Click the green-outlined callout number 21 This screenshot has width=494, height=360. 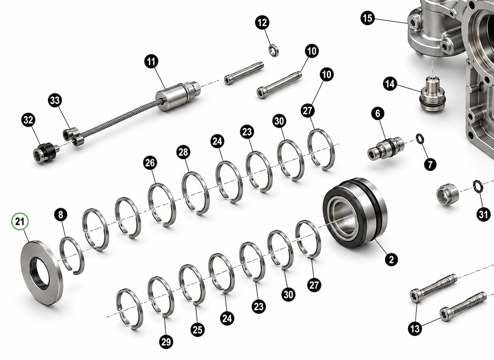pyautogui.click(x=20, y=221)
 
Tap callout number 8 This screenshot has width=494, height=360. pyautogui.click(x=61, y=214)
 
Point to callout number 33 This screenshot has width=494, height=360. pyautogui.click(x=55, y=101)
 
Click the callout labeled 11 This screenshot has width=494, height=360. pyautogui.click(x=151, y=62)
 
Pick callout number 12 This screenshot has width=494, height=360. pyautogui.click(x=262, y=23)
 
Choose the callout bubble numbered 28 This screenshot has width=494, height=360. pyautogui.click(x=183, y=152)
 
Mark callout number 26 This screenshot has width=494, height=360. pyautogui.click(x=150, y=163)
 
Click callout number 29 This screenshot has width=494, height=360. pyautogui.click(x=166, y=342)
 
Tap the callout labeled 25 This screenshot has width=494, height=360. pyautogui.click(x=197, y=330)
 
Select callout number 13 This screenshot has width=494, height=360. pyautogui.click(x=415, y=329)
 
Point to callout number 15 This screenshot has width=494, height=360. pyautogui.click(x=368, y=18)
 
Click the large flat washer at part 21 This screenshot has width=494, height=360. pyautogui.click(x=42, y=273)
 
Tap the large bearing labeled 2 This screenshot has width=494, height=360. pyautogui.click(x=355, y=212)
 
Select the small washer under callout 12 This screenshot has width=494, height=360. pyautogui.click(x=274, y=50)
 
